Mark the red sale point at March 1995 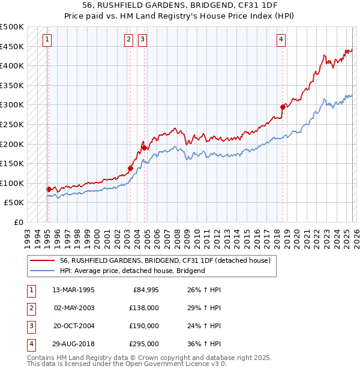pyautogui.click(x=49, y=189)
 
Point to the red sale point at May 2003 pyautogui.click(x=130, y=168)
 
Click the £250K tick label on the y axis pyautogui.click(x=12, y=124)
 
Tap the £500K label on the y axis pyautogui.click(x=12, y=27)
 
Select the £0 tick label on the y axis pyautogui.click(x=18, y=222)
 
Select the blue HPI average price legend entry pyautogui.click(x=132, y=271)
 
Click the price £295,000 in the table pyautogui.click(x=144, y=344)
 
